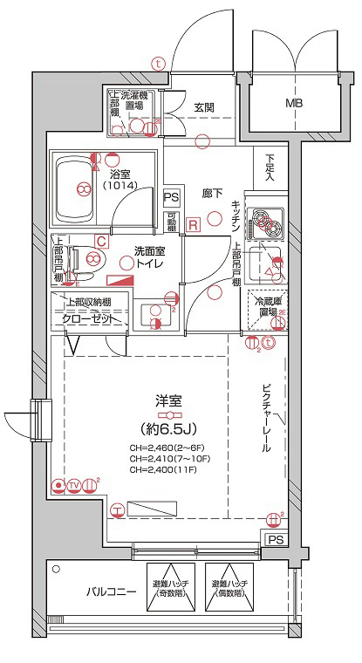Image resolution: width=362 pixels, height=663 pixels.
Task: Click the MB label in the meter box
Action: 289,103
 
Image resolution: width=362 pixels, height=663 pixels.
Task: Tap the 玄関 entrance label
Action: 204,108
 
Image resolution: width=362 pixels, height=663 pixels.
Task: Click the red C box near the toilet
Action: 101,241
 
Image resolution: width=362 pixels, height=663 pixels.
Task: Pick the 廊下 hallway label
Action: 211,193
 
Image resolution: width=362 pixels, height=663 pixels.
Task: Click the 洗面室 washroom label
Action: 146,251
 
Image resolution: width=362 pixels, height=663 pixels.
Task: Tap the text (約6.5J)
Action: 168,429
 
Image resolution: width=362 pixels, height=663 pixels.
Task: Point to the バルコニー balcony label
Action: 111,592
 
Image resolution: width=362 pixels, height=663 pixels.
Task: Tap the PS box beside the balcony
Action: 276,540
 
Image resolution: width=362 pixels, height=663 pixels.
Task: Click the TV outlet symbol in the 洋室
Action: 74,485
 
